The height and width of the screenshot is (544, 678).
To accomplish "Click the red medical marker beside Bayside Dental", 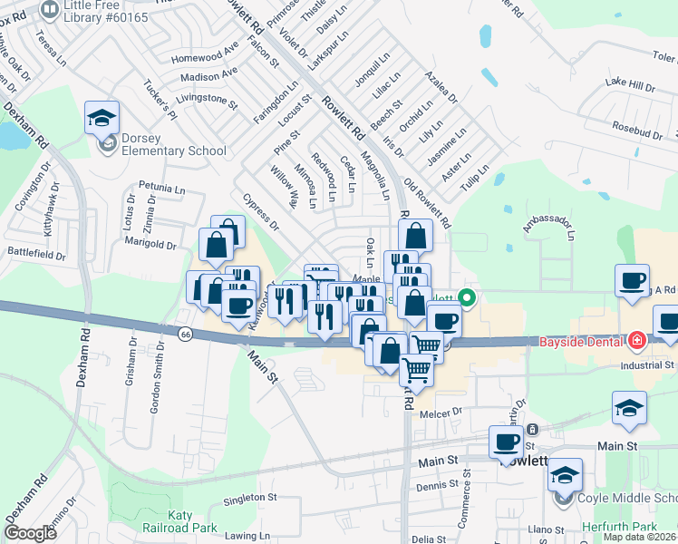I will point(636,341).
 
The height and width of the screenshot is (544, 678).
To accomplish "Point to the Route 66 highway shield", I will point(186,334).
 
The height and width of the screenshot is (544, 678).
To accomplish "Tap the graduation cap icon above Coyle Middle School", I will point(565,475).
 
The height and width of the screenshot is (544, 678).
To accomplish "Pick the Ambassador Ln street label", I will point(549,222).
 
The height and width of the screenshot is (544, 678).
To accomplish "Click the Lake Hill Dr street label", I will point(629,86).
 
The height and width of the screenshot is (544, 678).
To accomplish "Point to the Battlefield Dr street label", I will point(36,255).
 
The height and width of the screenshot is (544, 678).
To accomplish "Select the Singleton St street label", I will point(249,498).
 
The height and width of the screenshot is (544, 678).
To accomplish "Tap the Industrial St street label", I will point(647,365).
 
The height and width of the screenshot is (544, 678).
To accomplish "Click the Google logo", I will point(30,533).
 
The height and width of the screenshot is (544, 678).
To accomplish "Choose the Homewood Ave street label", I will point(203,59).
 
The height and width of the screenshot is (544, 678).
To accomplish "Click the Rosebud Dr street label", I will point(637,132).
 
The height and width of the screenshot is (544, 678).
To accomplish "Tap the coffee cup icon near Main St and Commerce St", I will point(507,442).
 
